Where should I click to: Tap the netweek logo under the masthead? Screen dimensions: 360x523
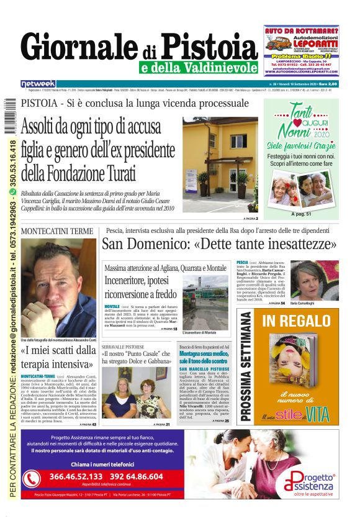(x=38, y=83)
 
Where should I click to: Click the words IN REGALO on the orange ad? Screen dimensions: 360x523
(x=295, y=321)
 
